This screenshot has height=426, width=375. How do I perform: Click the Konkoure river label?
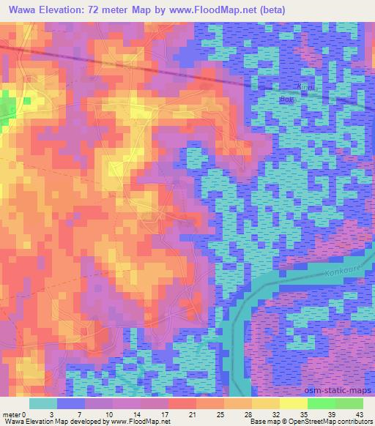[343, 272]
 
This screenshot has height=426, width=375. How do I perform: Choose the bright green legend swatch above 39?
[321, 403]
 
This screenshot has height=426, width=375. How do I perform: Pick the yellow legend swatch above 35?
[293, 403]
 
